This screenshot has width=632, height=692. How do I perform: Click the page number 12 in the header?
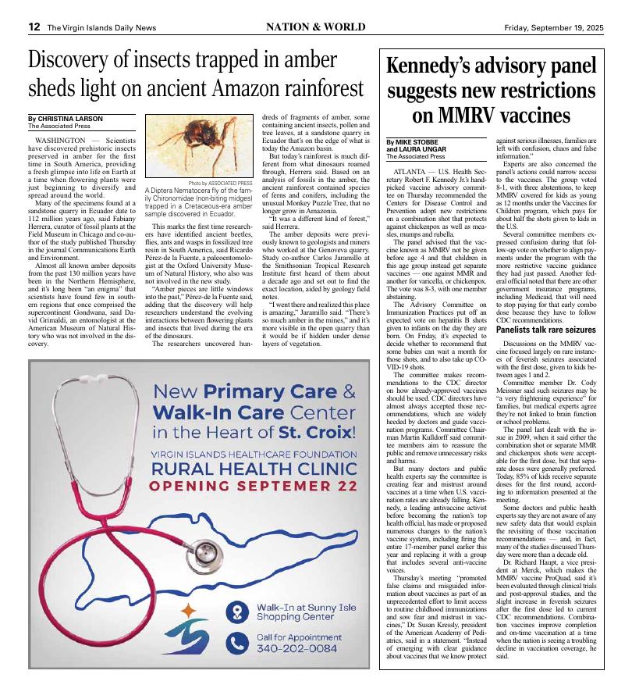point(34,26)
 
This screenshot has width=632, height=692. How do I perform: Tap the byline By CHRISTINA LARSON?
point(65,119)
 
